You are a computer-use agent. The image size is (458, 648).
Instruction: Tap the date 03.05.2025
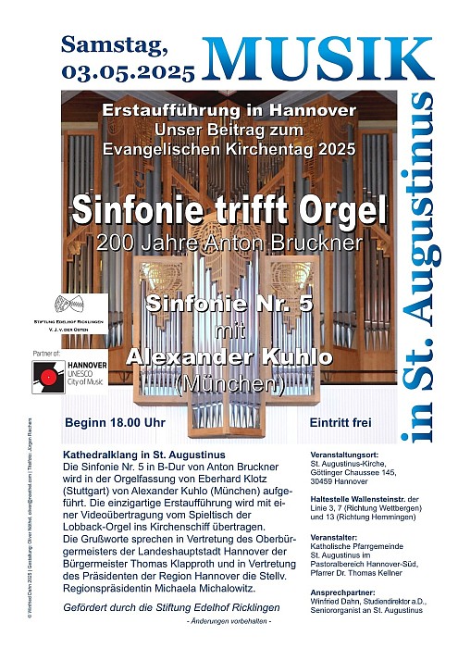pyautogui.click(x=129, y=70)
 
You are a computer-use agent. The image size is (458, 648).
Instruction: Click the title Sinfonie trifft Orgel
pyautogui.click(x=228, y=210)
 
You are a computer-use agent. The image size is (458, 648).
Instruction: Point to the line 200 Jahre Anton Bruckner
pyautogui.click(x=228, y=243)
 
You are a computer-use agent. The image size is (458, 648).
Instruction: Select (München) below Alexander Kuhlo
pyautogui.click(x=228, y=381)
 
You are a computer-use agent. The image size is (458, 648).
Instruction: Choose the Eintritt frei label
pyautogui.click(x=340, y=423)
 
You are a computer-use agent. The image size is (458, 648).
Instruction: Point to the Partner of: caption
pyautogui.click(x=45, y=353)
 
